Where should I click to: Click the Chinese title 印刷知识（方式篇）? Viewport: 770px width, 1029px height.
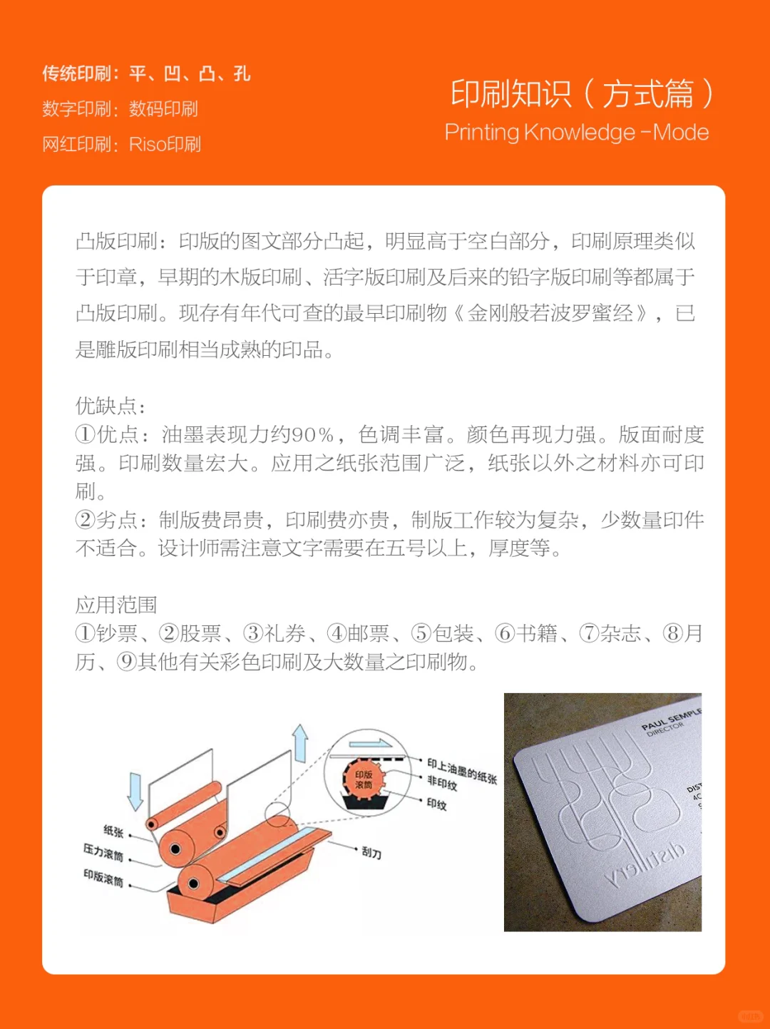tap(581, 94)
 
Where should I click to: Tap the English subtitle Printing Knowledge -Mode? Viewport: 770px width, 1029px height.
tap(576, 133)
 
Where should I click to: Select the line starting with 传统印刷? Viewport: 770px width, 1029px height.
tap(146, 73)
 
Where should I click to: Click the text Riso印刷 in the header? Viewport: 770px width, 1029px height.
tap(165, 144)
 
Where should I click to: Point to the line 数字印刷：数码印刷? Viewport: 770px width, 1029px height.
tap(120, 109)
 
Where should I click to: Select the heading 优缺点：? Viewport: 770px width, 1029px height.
tap(111, 406)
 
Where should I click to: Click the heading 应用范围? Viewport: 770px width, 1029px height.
tap(116, 605)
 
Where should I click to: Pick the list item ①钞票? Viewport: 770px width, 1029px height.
tap(106, 633)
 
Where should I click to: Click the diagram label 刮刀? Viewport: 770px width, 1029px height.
tap(371, 852)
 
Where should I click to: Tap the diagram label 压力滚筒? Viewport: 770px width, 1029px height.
tap(103, 852)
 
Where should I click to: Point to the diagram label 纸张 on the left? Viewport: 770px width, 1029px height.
tap(113, 831)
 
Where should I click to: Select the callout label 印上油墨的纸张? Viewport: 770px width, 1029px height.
tap(461, 771)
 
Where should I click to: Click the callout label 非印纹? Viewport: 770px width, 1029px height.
tap(442, 784)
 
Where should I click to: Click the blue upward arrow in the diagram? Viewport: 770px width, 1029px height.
tap(300, 743)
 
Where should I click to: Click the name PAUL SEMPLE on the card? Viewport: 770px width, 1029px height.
tap(670, 719)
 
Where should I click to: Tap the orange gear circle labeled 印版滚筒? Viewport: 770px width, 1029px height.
tap(364, 779)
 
